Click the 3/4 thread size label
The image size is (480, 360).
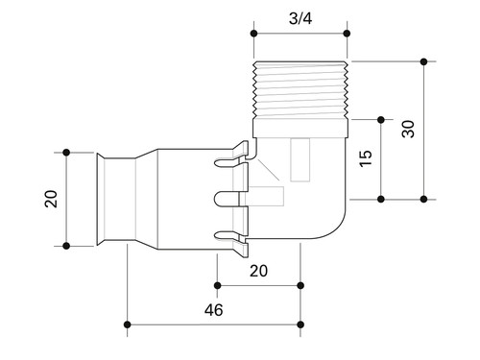click(300, 18)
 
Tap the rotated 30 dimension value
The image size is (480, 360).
click(408, 130)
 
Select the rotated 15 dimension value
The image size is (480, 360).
click(366, 158)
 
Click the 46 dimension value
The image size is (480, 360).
click(214, 310)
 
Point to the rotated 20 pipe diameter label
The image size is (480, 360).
click(51, 199)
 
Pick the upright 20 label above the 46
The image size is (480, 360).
click(258, 271)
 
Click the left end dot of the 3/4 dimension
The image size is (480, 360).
click(254, 34)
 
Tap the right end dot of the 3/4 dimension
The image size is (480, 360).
click(347, 34)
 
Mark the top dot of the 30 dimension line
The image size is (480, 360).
click(424, 61)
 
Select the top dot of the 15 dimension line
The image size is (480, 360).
click(381, 120)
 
